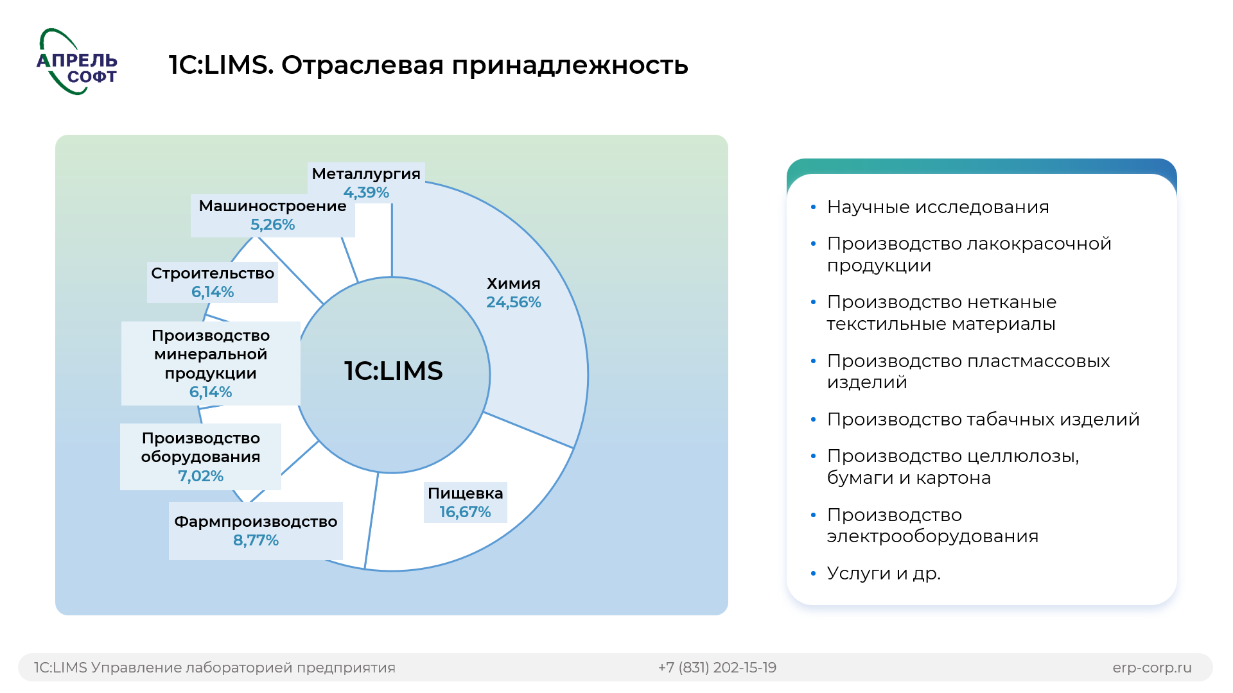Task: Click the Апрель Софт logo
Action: pos(77,62)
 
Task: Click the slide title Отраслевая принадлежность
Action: pos(485,65)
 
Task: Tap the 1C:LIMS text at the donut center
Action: pos(394,371)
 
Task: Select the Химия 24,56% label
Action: pos(514,293)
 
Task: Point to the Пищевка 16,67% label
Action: pos(466,502)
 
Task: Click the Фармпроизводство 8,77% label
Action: pos(256,531)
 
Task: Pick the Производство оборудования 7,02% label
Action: pos(200,457)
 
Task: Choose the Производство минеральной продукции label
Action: pos(211,363)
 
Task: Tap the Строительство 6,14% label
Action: pos(213,282)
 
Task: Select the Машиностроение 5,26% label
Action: pos(273,215)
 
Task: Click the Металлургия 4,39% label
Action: pos(366,183)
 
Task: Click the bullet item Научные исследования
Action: pos(938,207)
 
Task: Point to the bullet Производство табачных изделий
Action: pos(983,420)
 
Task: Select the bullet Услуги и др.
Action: pos(884,573)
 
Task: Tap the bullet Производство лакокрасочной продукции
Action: pos(969,255)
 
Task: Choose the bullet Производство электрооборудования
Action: pos(932,526)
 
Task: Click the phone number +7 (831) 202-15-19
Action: pos(717,668)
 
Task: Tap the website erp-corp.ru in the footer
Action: pos(1152,668)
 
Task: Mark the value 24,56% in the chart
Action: pos(514,302)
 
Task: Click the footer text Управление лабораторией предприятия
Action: pos(243,668)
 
